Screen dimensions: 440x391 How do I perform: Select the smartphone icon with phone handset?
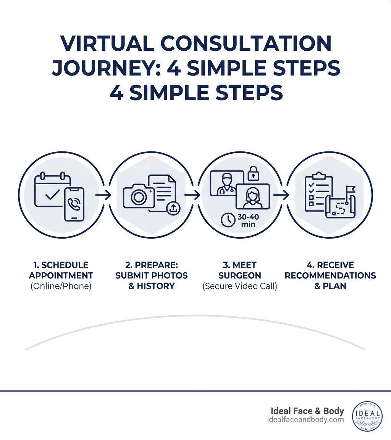pyautogui.click(x=74, y=204)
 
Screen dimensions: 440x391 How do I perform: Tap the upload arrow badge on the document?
pyautogui.click(x=173, y=208)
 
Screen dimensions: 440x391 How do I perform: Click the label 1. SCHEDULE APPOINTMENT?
pyautogui.click(x=61, y=270)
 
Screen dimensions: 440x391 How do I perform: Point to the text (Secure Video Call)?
pyautogui.click(x=240, y=286)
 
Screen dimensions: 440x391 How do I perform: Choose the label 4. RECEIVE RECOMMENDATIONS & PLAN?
pyautogui.click(x=330, y=275)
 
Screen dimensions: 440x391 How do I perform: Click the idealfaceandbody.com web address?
pyautogui.click(x=306, y=420)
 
